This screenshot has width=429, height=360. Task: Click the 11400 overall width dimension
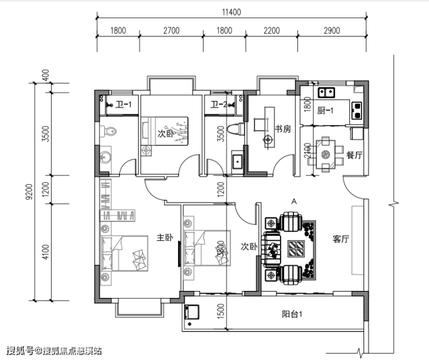[231, 12]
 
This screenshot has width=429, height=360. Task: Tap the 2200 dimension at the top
[272, 30]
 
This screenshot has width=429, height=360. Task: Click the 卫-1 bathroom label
[123, 105]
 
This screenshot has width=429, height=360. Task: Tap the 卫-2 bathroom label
[219, 105]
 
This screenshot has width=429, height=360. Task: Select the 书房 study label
[283, 129]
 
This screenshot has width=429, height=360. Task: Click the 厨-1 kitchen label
[325, 111]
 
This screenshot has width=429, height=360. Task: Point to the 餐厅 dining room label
[354, 155]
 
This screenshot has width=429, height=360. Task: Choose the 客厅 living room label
[341, 239]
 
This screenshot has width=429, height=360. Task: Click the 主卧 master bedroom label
[165, 237]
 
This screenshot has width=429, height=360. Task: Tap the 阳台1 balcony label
[292, 314]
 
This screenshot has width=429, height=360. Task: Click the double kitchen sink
[326, 92]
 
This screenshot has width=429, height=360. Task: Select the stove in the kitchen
[357, 110]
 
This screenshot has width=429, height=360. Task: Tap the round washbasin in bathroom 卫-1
[106, 157]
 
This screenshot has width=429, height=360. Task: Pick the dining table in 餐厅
[326, 154]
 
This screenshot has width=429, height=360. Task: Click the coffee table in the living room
[296, 249]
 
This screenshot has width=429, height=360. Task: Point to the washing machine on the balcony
[192, 312]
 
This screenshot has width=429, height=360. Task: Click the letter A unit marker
[294, 201]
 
